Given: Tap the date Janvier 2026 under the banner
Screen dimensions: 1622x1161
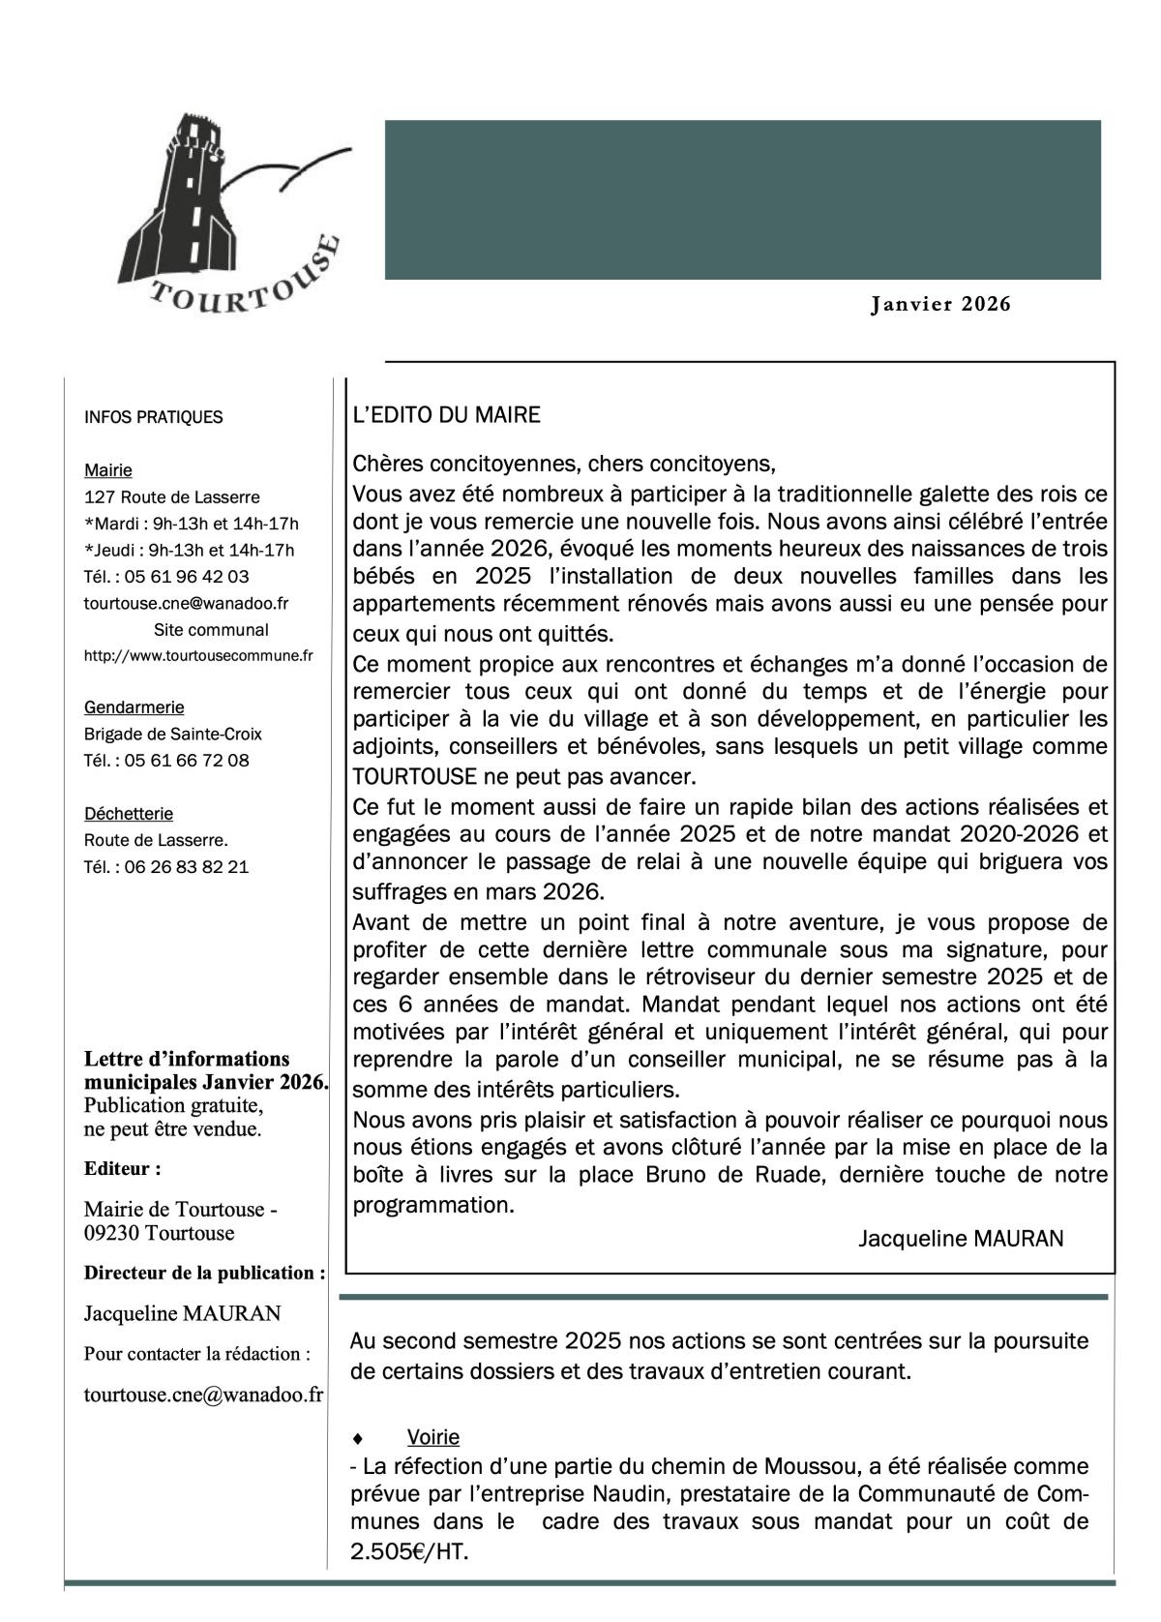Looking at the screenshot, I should (x=940, y=305).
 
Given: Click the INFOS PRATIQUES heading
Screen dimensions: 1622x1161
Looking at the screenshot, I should (x=153, y=417).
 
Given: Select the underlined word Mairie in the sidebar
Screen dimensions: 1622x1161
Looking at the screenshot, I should (x=108, y=470).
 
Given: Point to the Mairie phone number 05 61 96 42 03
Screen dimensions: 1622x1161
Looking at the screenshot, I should (x=186, y=577).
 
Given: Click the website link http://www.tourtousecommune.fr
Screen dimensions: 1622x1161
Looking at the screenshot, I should (x=198, y=656).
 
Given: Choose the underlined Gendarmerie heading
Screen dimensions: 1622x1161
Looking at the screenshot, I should (x=134, y=707).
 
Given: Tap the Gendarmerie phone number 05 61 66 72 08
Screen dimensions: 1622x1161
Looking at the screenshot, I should (x=186, y=761).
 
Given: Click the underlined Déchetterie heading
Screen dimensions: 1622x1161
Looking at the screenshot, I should (x=129, y=814).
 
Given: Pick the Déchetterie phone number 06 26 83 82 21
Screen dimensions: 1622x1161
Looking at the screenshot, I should (x=186, y=867).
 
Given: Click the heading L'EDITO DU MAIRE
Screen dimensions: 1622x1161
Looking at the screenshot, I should (x=446, y=415).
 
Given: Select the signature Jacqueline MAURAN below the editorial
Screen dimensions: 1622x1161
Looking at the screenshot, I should (x=960, y=1239).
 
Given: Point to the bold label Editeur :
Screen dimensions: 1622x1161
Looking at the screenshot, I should (x=122, y=1168).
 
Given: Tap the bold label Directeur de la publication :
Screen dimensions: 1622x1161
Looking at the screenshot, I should (x=204, y=1273).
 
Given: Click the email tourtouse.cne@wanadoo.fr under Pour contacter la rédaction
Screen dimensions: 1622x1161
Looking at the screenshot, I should (x=203, y=1395).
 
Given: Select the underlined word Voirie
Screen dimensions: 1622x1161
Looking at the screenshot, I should (x=432, y=1437).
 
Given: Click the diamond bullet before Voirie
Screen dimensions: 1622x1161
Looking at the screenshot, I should (x=358, y=1438).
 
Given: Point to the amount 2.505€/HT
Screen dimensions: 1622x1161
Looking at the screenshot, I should (x=409, y=1551).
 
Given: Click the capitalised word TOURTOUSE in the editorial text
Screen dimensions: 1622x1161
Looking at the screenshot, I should (x=415, y=776).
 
